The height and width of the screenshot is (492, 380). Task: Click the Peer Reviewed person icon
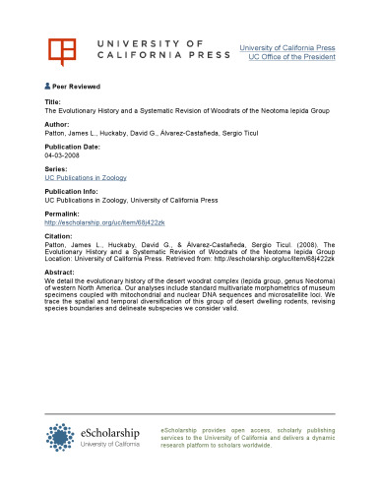pos(48,86)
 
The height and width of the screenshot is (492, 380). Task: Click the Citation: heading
pos(61,236)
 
